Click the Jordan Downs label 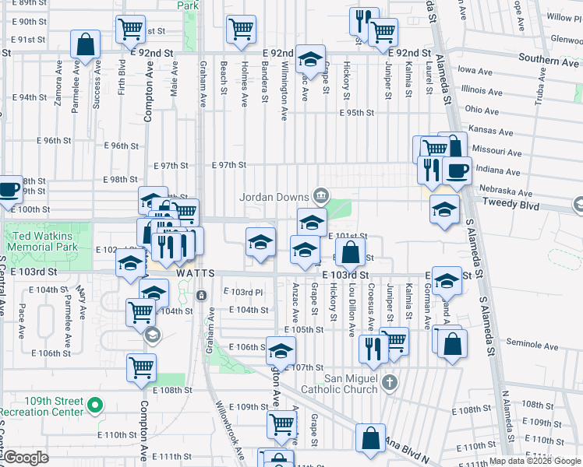[x=274, y=196]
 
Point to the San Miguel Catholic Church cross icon [x=390, y=382]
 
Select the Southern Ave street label [x=549, y=59]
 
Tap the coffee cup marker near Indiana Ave [x=457, y=170]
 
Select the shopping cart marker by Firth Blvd [x=131, y=30]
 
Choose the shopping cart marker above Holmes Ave [x=242, y=30]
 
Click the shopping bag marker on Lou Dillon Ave [x=351, y=251]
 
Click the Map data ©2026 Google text [x=534, y=461]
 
